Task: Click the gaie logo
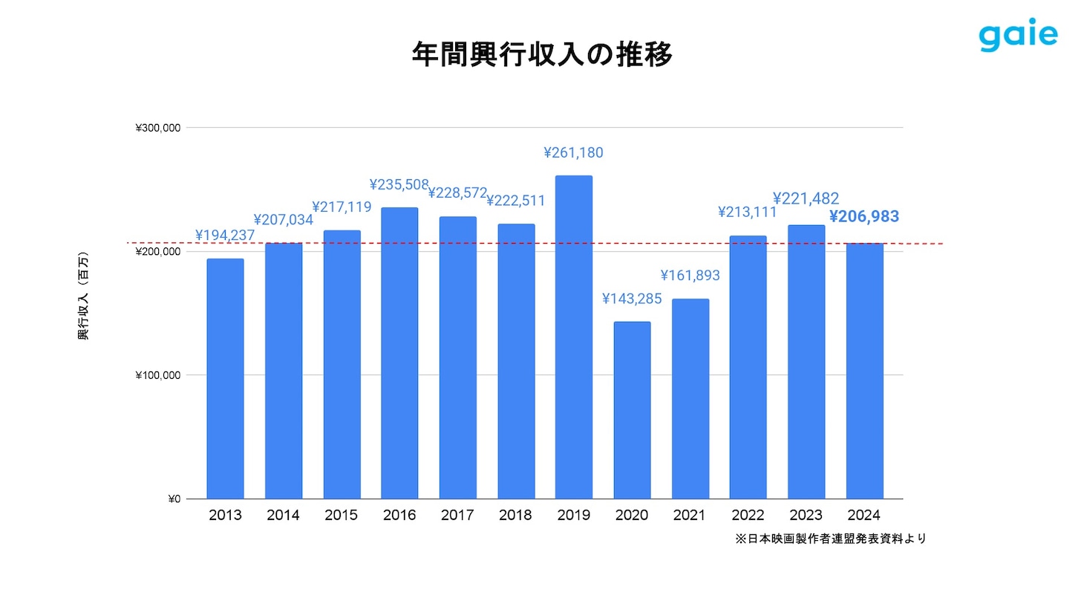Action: click(x=1017, y=35)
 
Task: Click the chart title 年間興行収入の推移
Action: click(x=542, y=54)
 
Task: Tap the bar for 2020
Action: click(x=632, y=410)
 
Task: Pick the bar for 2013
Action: click(x=225, y=378)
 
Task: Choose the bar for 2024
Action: click(x=864, y=371)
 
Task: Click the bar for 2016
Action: click(x=399, y=353)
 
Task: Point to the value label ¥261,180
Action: click(x=573, y=153)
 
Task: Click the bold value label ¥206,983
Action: click(x=863, y=216)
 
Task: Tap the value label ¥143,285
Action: click(x=632, y=299)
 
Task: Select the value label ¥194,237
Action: click(x=225, y=236)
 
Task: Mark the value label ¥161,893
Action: click(x=690, y=276)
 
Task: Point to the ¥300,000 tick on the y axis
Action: click(x=158, y=128)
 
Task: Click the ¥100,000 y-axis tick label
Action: click(x=158, y=375)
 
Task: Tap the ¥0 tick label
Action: click(x=174, y=499)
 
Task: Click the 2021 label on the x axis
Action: click(x=689, y=515)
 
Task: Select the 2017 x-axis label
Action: click(x=457, y=515)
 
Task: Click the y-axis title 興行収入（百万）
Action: click(x=83, y=296)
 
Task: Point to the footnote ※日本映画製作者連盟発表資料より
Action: click(x=830, y=539)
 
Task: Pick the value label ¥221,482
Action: click(x=806, y=198)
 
